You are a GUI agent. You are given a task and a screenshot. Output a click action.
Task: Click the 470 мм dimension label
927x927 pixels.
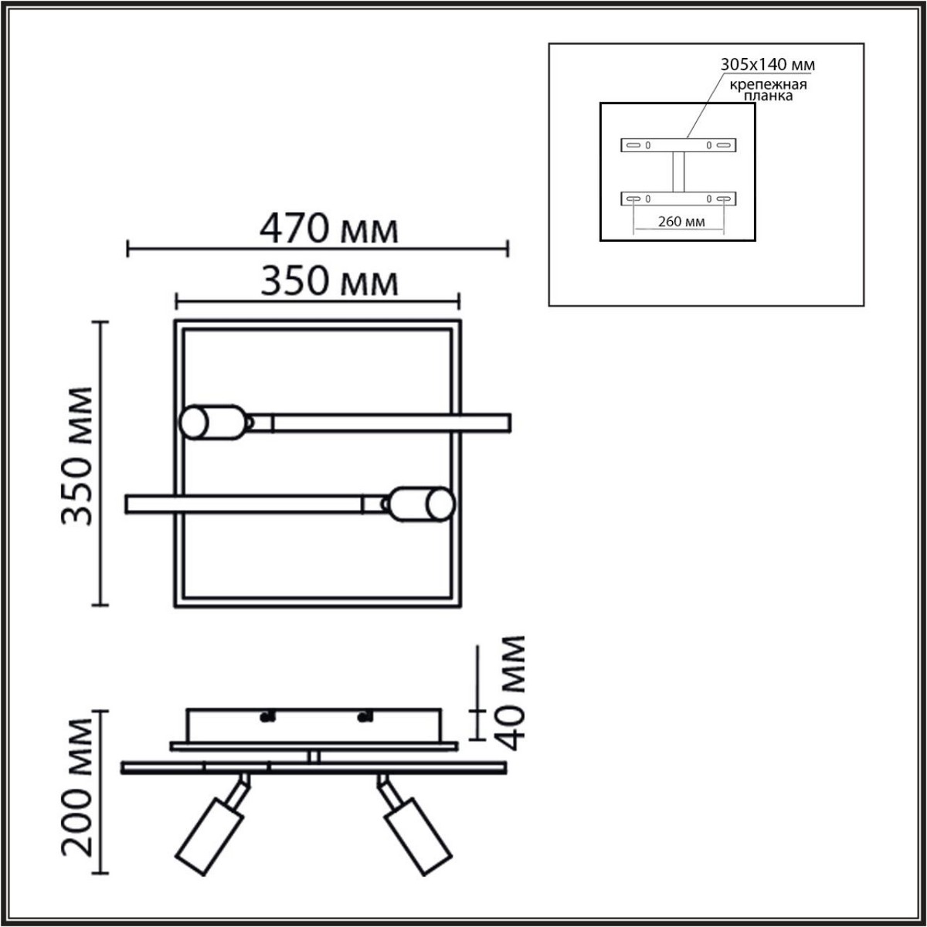[x=329, y=229]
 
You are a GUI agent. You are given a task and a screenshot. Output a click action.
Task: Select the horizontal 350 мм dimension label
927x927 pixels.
[x=329, y=282]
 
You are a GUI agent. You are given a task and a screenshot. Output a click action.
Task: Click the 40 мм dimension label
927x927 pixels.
[x=511, y=694]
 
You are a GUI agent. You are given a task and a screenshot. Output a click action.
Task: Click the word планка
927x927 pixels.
[x=769, y=97]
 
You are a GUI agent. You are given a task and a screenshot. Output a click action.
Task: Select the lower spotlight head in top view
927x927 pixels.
[x=423, y=504]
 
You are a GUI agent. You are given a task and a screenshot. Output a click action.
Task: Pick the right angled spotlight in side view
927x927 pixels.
[x=417, y=837]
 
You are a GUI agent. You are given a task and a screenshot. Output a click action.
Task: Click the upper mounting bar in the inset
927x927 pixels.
[x=678, y=144]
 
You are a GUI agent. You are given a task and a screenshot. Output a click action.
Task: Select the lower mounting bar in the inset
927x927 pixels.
[x=678, y=199]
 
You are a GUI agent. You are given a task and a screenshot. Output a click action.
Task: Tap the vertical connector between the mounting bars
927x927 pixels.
[x=678, y=171]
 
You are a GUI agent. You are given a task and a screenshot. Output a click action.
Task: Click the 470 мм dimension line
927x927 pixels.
[x=317, y=249]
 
